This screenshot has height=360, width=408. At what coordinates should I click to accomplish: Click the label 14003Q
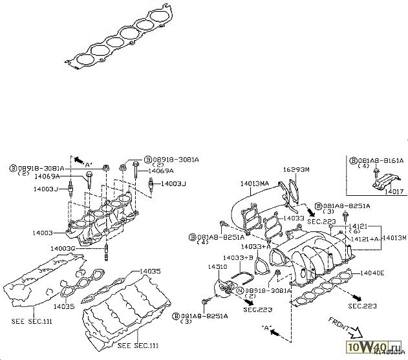tap(63, 248)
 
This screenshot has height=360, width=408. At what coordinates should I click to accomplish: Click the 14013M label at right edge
tap(394, 238)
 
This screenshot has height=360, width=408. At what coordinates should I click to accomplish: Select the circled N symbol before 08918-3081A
tap(240, 291)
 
